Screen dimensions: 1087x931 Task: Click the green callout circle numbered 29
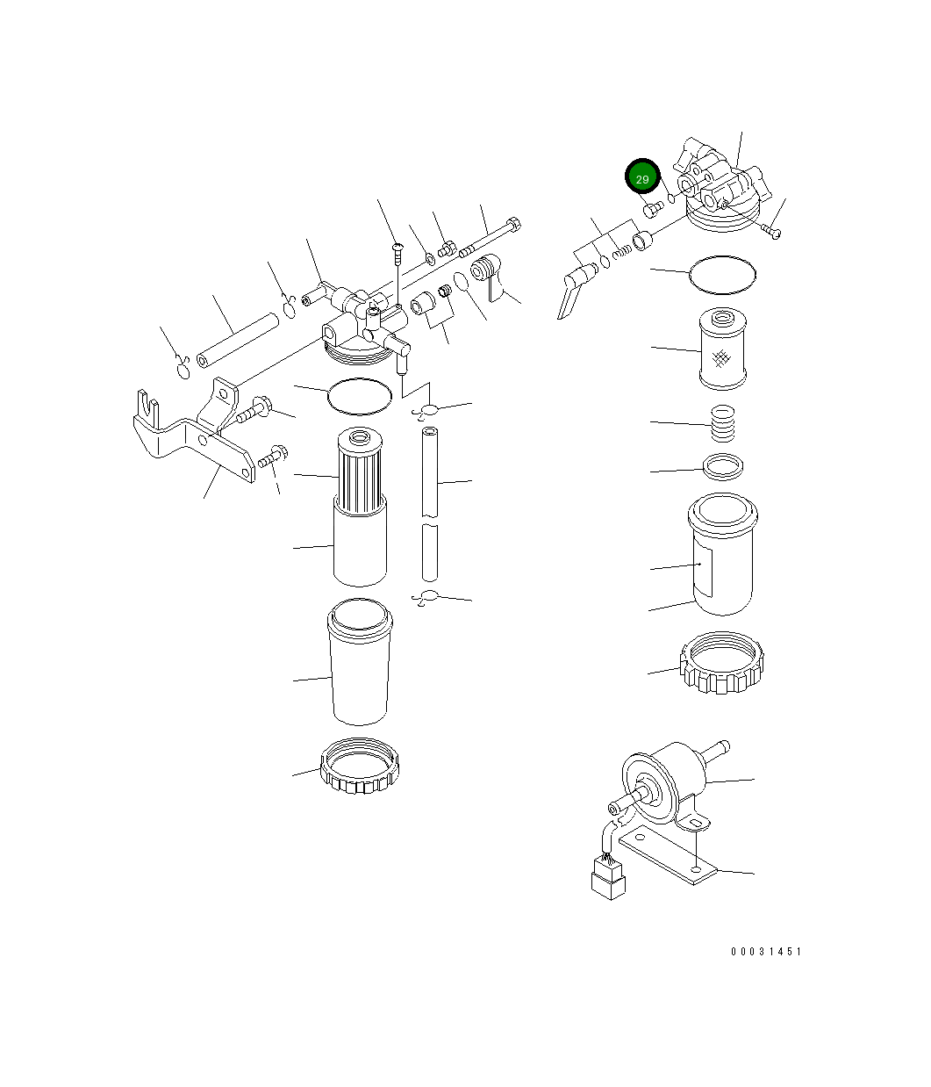(x=641, y=178)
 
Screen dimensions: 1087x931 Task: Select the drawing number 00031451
(x=765, y=952)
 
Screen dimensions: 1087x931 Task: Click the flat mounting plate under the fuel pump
(x=667, y=856)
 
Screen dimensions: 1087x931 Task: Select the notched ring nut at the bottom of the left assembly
(x=361, y=767)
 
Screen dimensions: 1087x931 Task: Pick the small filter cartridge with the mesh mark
(x=722, y=349)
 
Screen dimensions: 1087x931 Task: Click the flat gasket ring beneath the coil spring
(x=725, y=468)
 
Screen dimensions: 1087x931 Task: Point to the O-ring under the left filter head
(x=359, y=395)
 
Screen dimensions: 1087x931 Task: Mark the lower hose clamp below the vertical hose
(x=426, y=598)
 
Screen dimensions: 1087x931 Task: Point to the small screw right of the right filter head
(x=772, y=231)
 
